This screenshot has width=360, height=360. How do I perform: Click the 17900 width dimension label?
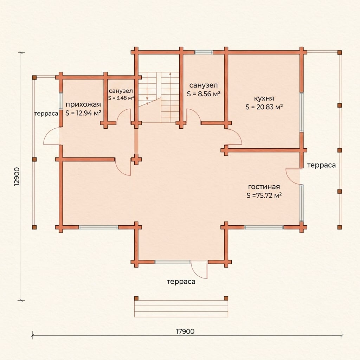click(185, 331)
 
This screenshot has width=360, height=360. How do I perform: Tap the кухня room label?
click(264, 98)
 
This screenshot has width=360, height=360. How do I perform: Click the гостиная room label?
click(264, 187)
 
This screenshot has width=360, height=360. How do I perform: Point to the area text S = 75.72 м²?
click(264, 195)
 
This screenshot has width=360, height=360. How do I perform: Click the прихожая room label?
click(83, 105)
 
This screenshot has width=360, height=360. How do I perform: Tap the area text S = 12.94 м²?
click(83, 113)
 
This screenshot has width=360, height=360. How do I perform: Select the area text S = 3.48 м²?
click(121, 98)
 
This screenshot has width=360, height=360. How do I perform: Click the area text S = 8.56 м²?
click(204, 94)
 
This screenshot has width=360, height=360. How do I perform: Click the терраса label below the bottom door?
click(181, 282)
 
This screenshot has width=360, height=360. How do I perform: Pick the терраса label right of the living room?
click(321, 165)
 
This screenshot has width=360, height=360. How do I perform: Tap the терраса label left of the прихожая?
click(46, 114)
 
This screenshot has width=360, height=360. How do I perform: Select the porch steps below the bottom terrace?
click(181, 309)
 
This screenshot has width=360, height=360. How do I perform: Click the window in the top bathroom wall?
click(204, 52)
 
